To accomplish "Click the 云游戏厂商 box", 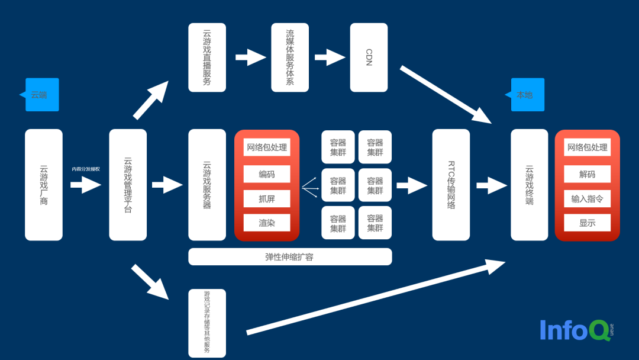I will click(44, 185).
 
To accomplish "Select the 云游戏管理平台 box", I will click(128, 185).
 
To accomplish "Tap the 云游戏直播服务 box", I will click(207, 57).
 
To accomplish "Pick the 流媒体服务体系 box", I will click(290, 57).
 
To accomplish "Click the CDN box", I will click(369, 57).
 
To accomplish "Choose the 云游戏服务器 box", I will click(207, 185).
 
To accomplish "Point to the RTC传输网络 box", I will click(451, 185).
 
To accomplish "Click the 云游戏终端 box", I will click(530, 185).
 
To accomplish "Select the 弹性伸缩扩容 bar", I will click(290, 257).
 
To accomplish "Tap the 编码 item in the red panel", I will click(267, 174).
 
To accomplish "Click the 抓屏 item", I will click(267, 199).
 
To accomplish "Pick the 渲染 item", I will click(267, 223).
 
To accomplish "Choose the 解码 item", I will click(587, 174).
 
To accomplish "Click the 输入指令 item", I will click(587, 199).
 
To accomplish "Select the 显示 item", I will click(587, 223).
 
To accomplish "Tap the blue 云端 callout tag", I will click(41, 95).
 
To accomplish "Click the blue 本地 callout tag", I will click(527, 95).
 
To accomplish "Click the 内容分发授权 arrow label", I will click(86, 169).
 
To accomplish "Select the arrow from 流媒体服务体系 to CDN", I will click(330, 57).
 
